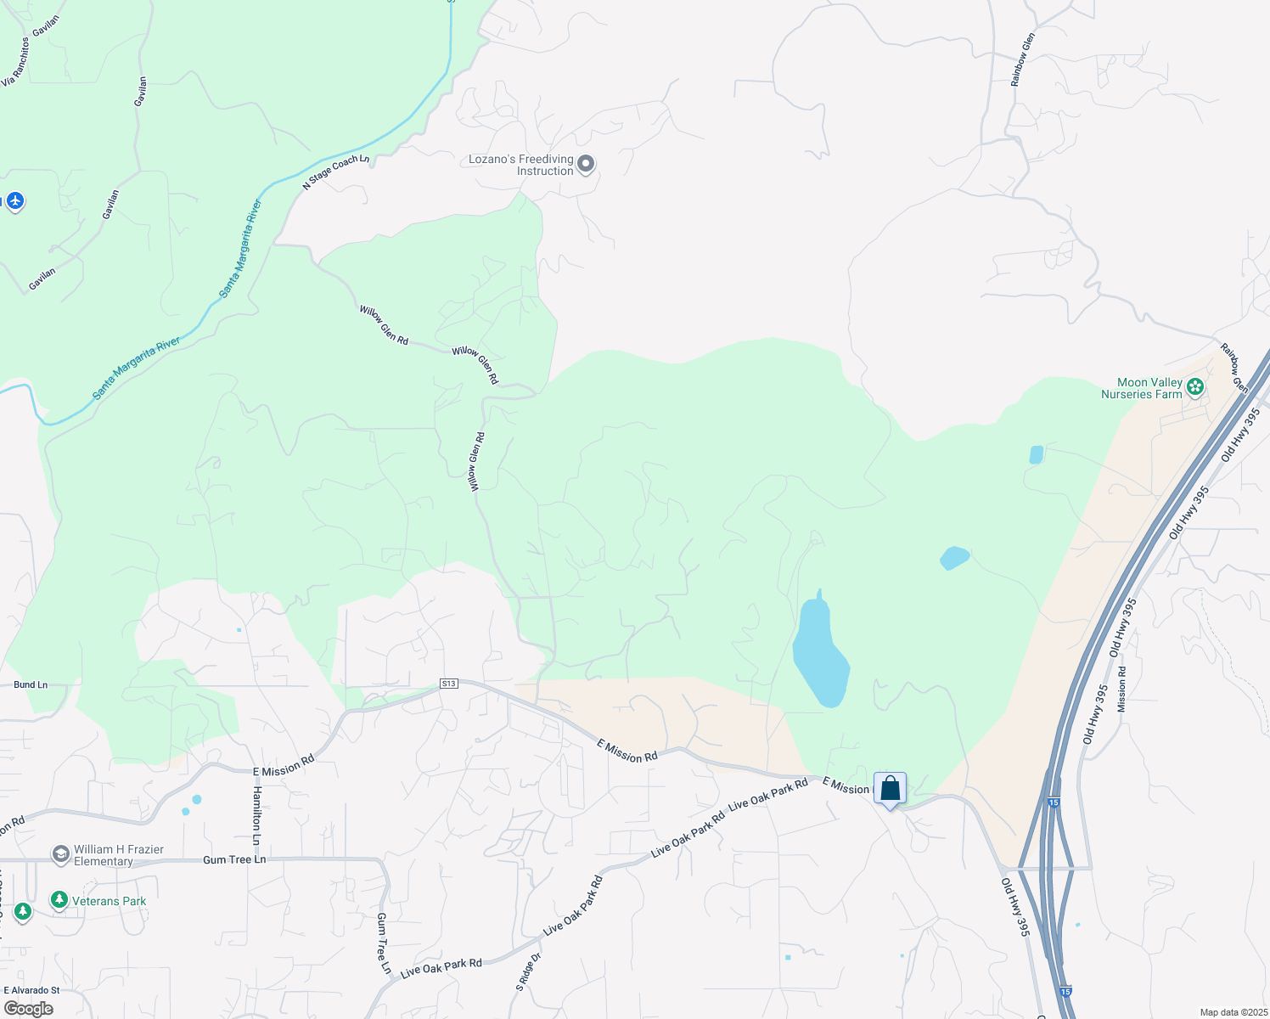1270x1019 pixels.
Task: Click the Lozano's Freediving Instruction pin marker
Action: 586,164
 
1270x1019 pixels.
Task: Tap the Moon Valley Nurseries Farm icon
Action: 1195,388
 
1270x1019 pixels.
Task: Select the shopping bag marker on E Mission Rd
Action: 890,790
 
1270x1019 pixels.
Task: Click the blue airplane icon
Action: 14,201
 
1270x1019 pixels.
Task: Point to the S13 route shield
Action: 449,684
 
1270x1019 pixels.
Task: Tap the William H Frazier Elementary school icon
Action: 60,853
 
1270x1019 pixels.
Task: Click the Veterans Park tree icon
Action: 59,900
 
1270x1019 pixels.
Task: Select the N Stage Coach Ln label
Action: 336,172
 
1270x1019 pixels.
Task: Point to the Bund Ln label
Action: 31,684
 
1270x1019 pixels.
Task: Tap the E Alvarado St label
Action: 31,990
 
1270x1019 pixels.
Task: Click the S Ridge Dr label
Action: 527,972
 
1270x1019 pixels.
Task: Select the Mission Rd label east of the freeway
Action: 1122,689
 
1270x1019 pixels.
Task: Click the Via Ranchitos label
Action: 15,62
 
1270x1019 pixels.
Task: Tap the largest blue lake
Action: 820,654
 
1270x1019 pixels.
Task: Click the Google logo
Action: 28,1009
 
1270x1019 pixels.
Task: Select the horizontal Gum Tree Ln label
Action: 234,859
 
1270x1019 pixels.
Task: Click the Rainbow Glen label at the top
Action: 1022,59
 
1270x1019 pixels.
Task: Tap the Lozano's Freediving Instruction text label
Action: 521,165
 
